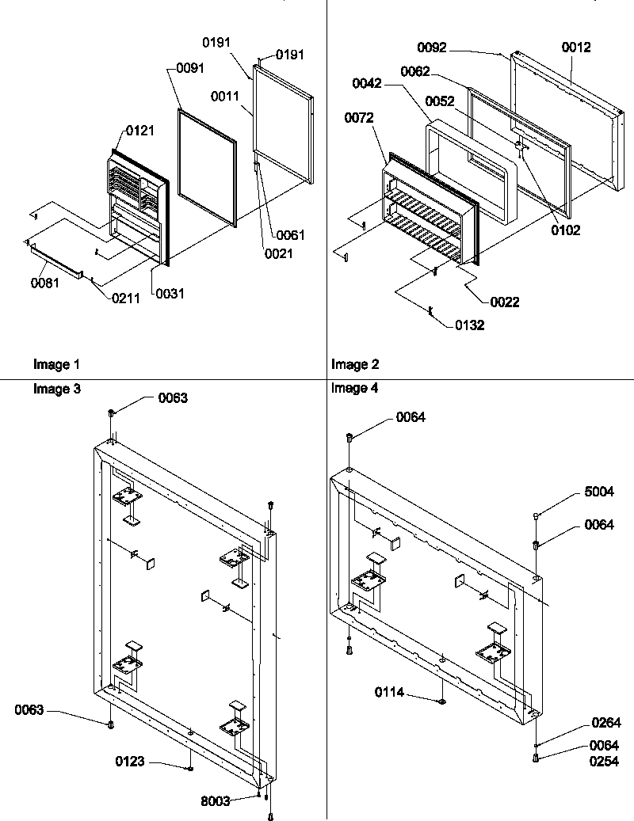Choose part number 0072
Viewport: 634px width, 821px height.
click(x=360, y=119)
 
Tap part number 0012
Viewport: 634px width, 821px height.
click(x=576, y=48)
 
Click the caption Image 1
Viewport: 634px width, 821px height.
click(x=56, y=365)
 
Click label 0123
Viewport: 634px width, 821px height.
click(x=130, y=762)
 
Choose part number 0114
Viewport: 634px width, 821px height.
click(x=389, y=693)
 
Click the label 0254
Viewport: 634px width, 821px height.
click(x=603, y=762)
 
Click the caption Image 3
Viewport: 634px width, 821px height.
click(x=56, y=388)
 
